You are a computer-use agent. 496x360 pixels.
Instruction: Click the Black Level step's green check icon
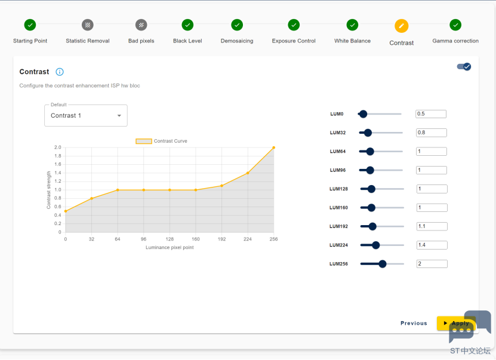pos(187,25)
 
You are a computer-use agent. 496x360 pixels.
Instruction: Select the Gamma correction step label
pos(455,41)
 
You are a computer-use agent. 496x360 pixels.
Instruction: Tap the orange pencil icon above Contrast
pos(402,26)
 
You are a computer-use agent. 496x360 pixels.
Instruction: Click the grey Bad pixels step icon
pos(141,25)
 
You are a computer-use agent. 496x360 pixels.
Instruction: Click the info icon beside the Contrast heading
pos(60,72)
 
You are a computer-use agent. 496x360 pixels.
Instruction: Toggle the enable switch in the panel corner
pos(464,67)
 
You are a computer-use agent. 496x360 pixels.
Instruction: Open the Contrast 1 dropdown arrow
pos(119,116)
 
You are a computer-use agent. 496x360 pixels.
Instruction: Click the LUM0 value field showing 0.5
pos(431,114)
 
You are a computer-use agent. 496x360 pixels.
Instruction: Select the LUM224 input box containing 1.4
pos(432,245)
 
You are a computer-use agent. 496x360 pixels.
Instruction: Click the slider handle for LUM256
pos(383,264)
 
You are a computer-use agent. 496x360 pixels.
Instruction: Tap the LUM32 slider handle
pos(368,133)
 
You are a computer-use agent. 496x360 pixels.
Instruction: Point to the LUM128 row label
pos(338,189)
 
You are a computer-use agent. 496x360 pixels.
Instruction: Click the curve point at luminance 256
pos(273,147)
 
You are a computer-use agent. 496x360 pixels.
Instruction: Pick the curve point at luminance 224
pos(248,173)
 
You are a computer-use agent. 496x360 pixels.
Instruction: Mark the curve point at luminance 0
pos(66,211)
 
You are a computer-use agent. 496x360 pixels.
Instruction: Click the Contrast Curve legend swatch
pos(144,141)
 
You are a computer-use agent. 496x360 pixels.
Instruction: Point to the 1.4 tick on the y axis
pos(57,173)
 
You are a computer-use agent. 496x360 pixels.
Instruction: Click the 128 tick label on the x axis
pos(170,239)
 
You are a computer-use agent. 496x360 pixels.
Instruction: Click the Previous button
pos(414,324)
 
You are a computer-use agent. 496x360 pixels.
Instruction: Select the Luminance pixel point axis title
pos(170,247)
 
